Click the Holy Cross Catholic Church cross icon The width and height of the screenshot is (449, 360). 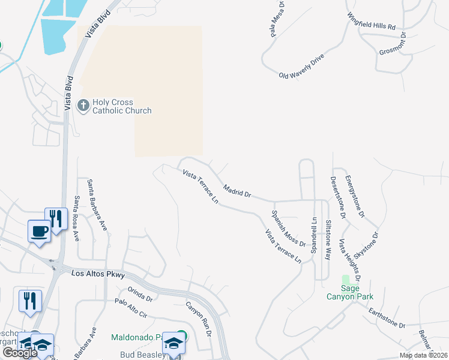83,105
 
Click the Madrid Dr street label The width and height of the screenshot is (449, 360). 237,191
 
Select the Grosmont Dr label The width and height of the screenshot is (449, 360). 393,49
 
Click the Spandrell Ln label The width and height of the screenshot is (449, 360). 313,235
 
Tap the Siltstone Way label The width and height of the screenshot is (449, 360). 328,239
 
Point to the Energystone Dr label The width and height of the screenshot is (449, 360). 355,196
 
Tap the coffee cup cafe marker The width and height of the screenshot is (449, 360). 40,231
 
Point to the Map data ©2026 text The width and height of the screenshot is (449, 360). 423,355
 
